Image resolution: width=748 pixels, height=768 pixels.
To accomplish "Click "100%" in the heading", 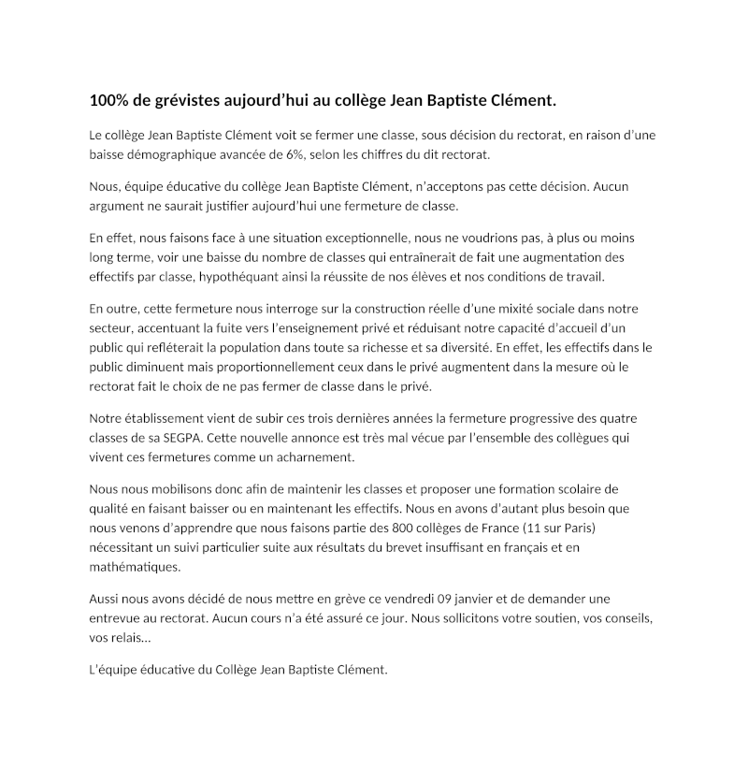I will [x=108, y=99].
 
